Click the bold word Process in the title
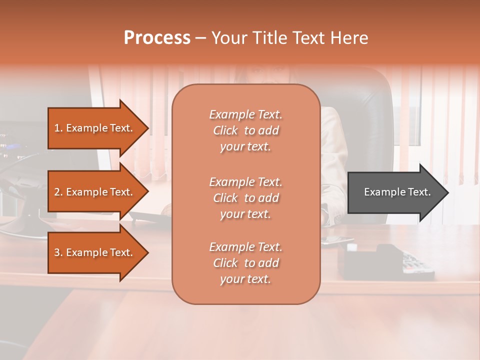(x=157, y=38)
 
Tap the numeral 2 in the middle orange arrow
(x=57, y=192)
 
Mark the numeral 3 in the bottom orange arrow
(x=57, y=252)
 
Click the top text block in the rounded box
(x=245, y=130)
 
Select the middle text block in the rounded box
(x=245, y=198)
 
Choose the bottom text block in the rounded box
(x=245, y=263)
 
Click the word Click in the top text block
(x=225, y=130)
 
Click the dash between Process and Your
(x=200, y=38)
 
